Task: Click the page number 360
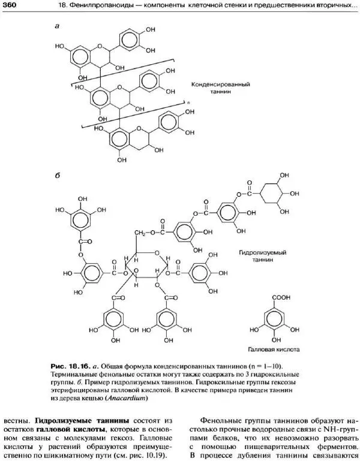10,6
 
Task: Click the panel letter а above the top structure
57,26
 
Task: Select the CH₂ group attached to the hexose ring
140,232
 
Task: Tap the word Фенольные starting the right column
226,421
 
